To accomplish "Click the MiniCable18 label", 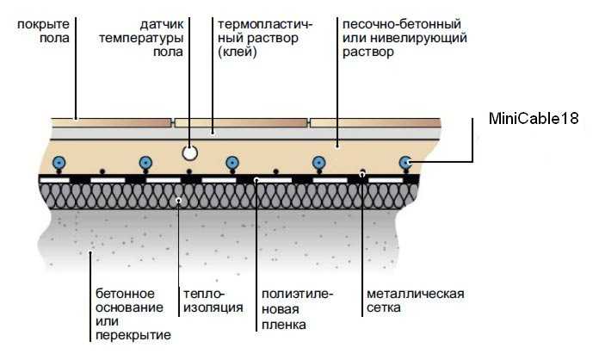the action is pyautogui.click(x=534, y=119).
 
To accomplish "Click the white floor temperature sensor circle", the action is pyautogui.click(x=189, y=152).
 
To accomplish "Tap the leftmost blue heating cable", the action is pyautogui.click(x=59, y=163).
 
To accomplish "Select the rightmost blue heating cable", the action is pyautogui.click(x=405, y=163).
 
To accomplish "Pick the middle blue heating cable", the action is pyautogui.click(x=232, y=163).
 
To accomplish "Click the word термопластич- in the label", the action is pyautogui.click(x=265, y=24).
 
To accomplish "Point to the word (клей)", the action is pyautogui.click(x=238, y=52).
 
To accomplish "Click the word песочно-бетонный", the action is pyautogui.click(x=402, y=24).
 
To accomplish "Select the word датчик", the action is pyautogui.click(x=162, y=25).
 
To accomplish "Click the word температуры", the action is pyautogui.click(x=141, y=39).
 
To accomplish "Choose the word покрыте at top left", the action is pyautogui.click(x=44, y=25).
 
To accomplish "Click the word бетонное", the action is pyautogui.click(x=126, y=294).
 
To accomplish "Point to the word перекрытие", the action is pyautogui.click(x=133, y=335).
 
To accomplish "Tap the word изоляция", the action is pyautogui.click(x=213, y=307).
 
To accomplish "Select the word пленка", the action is pyautogui.click(x=284, y=325).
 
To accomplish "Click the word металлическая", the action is pyautogui.click(x=416, y=294).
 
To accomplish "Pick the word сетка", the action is pyautogui.click(x=384, y=307).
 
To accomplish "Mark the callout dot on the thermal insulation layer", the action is pyautogui.click(x=178, y=201).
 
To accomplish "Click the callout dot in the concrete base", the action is pyautogui.click(x=90, y=251).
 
